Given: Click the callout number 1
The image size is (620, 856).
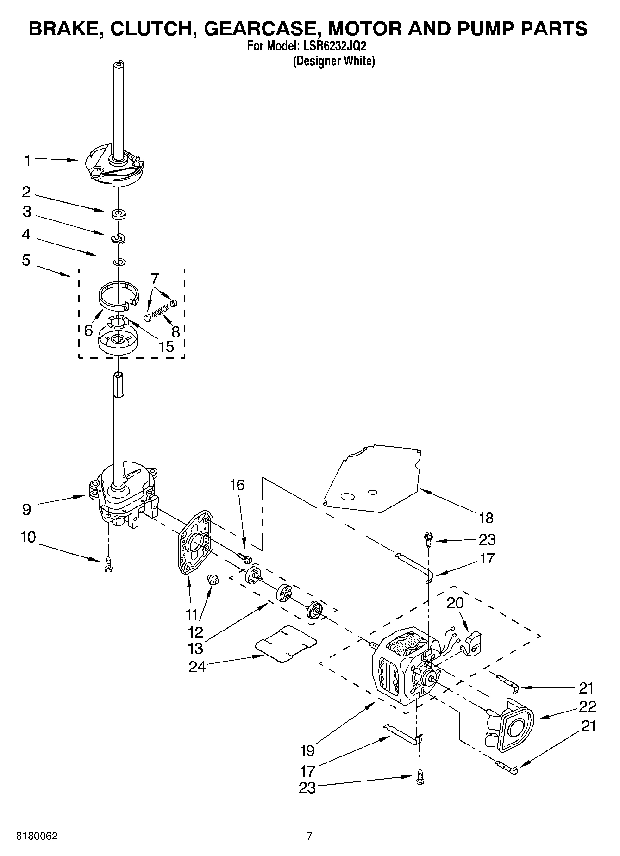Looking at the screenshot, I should point(27,161).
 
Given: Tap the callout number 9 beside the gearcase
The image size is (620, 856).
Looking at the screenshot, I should point(26,509).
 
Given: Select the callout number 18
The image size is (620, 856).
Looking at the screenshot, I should point(485,518).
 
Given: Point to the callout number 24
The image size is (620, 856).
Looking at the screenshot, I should point(196,667).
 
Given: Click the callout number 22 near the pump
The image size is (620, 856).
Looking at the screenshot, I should point(587,706).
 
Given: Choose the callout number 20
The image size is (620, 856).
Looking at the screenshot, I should point(455,603).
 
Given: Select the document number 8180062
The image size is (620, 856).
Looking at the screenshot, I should point(38,836).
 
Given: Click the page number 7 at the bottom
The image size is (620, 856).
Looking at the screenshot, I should point(309,836).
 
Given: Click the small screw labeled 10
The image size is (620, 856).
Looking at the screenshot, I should point(107,564).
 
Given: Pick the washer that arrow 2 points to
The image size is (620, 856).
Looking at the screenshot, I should point(119,214).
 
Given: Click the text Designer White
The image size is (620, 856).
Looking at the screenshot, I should point(333,61).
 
